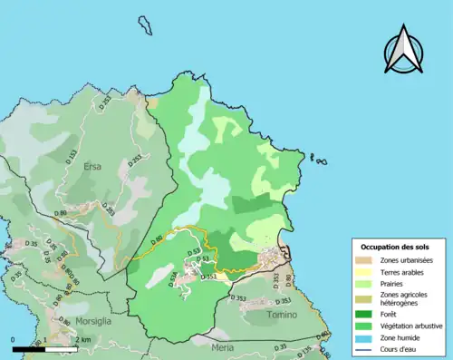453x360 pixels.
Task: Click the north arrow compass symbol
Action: tap(402, 49)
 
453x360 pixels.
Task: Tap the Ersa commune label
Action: tap(94, 167)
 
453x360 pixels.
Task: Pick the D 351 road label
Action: tap(208, 277)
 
